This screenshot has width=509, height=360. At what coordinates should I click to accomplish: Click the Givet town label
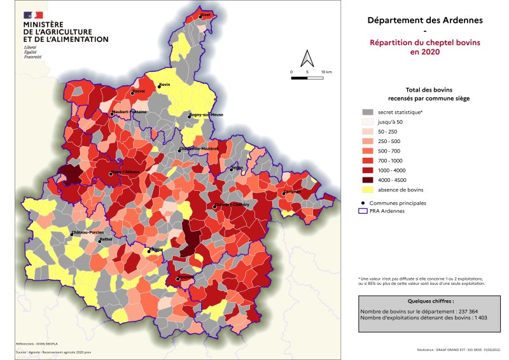point(206,15)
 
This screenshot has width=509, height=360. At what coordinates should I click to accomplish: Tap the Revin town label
point(164,85)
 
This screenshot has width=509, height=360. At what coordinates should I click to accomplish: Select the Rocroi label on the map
point(139,91)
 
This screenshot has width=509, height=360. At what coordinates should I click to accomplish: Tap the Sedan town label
point(237,168)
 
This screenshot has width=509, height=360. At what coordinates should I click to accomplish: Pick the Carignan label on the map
point(292,191)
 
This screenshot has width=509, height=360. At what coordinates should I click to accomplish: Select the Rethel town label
point(106,239)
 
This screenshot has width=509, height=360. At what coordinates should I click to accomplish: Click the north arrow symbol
point(308,58)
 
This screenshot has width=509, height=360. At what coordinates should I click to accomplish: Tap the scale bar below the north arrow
point(308,78)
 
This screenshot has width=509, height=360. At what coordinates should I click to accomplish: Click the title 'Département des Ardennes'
point(425,20)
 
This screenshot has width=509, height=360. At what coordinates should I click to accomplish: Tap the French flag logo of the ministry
point(33,15)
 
